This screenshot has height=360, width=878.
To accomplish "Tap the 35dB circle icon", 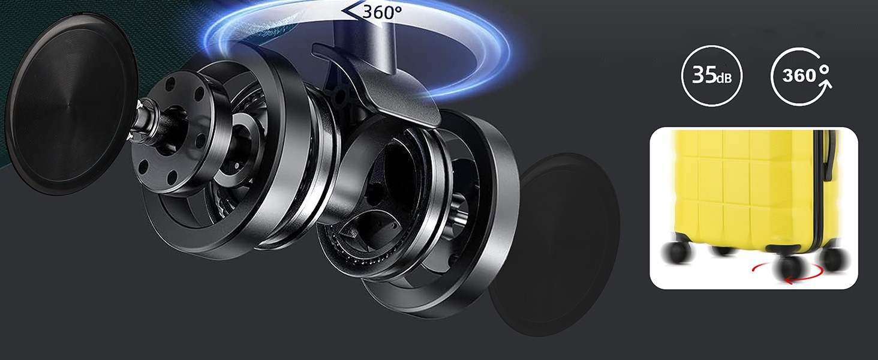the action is pyautogui.click(x=711, y=76).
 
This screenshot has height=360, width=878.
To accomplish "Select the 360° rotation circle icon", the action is pyautogui.click(x=801, y=76).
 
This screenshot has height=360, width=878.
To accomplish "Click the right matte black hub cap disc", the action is pyautogui.click(x=555, y=244).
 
